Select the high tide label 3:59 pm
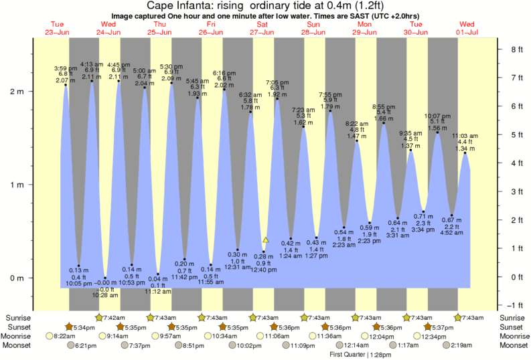click(x=66, y=68)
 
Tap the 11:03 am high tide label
click(x=465, y=135)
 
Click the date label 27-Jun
click(x=263, y=31)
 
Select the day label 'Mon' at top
click(x=366, y=24)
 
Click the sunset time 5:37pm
click(x=442, y=327)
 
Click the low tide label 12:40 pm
click(x=264, y=270)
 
